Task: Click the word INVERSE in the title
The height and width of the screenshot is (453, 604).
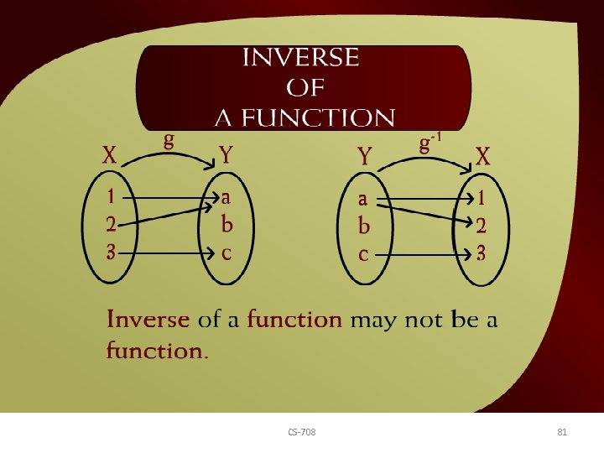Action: coord(300,58)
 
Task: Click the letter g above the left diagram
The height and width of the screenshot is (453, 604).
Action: coord(169,139)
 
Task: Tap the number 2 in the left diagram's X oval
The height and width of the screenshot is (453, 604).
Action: coord(111,225)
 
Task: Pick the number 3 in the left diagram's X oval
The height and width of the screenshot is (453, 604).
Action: coord(111,252)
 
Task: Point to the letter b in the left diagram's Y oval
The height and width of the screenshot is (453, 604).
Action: coord(226,224)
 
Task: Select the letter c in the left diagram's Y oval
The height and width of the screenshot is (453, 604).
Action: coord(226,253)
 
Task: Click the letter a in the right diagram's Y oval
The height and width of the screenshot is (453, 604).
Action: coord(363,199)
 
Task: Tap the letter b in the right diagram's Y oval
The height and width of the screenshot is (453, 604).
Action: coord(363,226)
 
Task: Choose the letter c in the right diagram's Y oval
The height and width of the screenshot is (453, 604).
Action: coord(363,254)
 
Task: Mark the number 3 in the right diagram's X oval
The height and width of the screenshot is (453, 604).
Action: coord(480,253)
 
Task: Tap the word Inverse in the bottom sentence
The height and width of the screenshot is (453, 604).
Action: coord(148,320)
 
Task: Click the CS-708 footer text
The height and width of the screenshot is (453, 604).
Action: coord(302,432)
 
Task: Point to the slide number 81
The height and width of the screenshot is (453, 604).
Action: coord(562,432)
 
